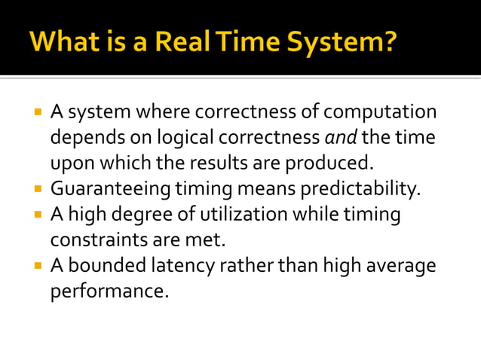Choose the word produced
(x=336, y=163)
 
